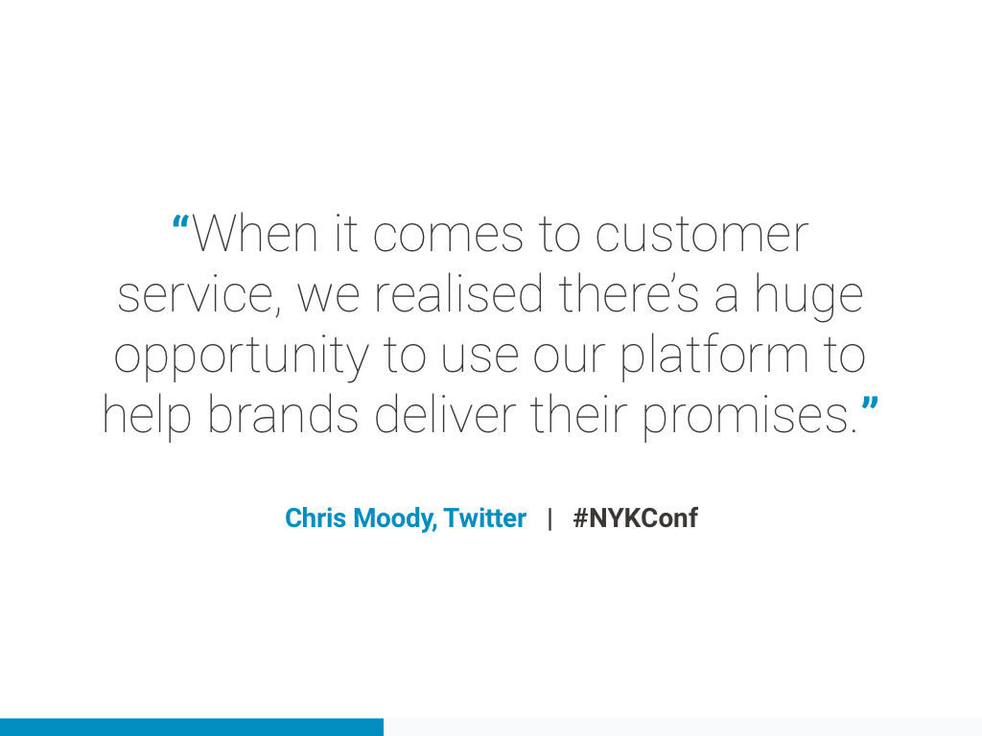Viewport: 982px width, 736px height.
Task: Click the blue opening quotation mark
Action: tap(180, 222)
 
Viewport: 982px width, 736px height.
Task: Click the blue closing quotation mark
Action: tap(870, 403)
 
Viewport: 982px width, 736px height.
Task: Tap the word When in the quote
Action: tap(254, 234)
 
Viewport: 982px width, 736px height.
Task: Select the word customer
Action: tap(701, 235)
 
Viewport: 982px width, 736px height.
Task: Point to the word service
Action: tap(196, 294)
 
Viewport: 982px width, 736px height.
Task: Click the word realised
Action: tap(458, 293)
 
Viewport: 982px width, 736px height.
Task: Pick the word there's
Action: tap(629, 293)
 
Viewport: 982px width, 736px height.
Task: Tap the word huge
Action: tap(808, 297)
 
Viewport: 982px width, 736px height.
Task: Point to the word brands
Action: tap(283, 414)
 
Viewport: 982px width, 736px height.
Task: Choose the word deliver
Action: tap(445, 414)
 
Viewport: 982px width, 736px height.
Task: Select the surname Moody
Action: tap(394, 519)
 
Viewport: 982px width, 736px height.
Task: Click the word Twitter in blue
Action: tap(484, 517)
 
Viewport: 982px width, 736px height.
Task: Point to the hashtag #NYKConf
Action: tap(635, 517)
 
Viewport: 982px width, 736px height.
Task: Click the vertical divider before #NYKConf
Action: tap(549, 518)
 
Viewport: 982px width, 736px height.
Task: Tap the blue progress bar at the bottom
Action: tap(192, 727)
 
